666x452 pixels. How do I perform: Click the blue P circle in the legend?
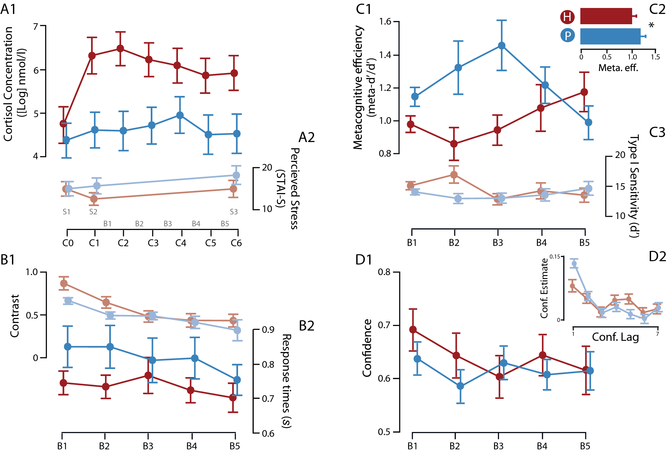tap(567, 36)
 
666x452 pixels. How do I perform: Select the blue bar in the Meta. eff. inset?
tap(610, 36)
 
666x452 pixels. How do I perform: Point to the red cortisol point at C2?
tap(120, 49)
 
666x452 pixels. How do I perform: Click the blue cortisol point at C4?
tap(180, 115)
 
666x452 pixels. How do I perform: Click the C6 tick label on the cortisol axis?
tap(236, 243)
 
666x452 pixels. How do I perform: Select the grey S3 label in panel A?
tap(234, 212)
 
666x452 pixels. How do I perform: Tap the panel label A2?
tap(306, 137)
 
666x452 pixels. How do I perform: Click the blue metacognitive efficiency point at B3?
tap(502, 45)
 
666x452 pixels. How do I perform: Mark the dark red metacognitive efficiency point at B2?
tap(454, 144)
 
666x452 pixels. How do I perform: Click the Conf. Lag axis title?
tap(615, 337)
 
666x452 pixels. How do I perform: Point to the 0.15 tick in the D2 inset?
tap(555, 257)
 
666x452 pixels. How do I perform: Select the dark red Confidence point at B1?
tap(413, 330)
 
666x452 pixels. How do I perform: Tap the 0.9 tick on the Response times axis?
tap(268, 330)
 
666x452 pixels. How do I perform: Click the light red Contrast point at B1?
tap(64, 283)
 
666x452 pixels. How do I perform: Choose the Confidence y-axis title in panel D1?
tap(367, 348)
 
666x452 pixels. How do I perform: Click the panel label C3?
tap(657, 132)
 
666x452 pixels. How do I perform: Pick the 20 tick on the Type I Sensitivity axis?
tap(620, 155)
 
